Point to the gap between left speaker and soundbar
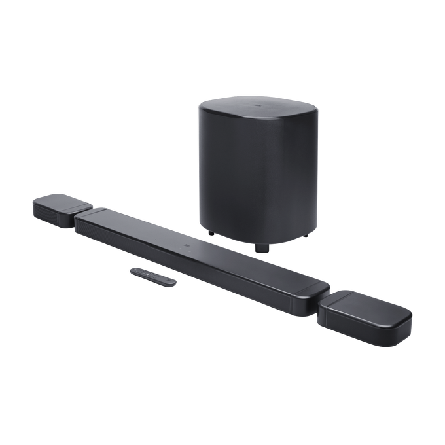(x=75, y=217)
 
